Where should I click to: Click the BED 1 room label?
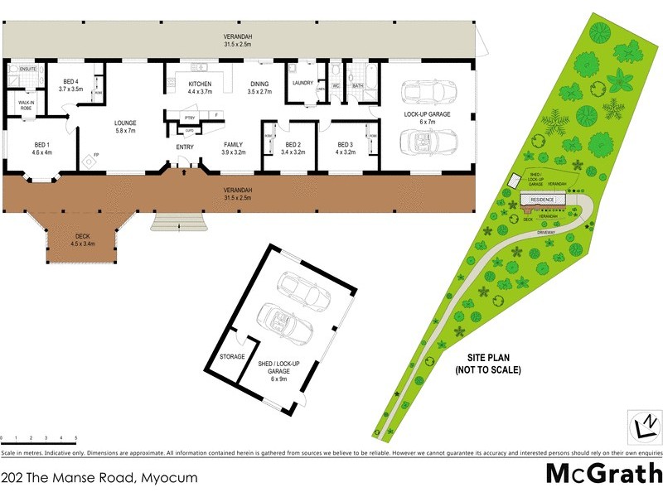tap(41, 148)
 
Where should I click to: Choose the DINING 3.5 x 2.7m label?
tap(259, 88)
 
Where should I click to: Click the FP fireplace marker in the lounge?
tap(96, 155)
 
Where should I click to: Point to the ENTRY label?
tap(185, 147)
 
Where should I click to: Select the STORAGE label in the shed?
tap(232, 356)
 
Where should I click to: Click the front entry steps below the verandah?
tap(177, 222)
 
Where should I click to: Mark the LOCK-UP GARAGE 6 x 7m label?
tap(427, 118)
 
